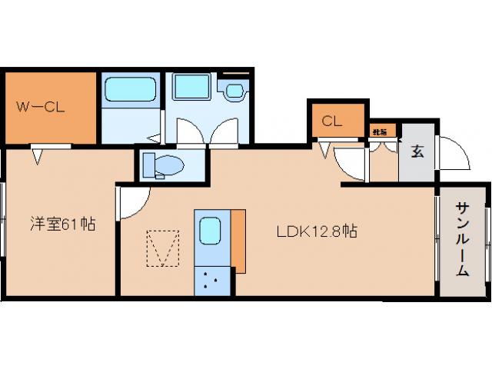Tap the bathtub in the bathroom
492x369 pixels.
(130, 89)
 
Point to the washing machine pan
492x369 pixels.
(190, 87)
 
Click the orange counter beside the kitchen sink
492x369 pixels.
(238, 240)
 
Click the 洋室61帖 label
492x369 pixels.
(63, 225)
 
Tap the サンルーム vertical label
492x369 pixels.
(462, 238)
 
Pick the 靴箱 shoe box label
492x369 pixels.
(380, 131)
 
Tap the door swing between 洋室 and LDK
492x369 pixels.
(131, 202)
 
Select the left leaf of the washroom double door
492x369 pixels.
(186, 135)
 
